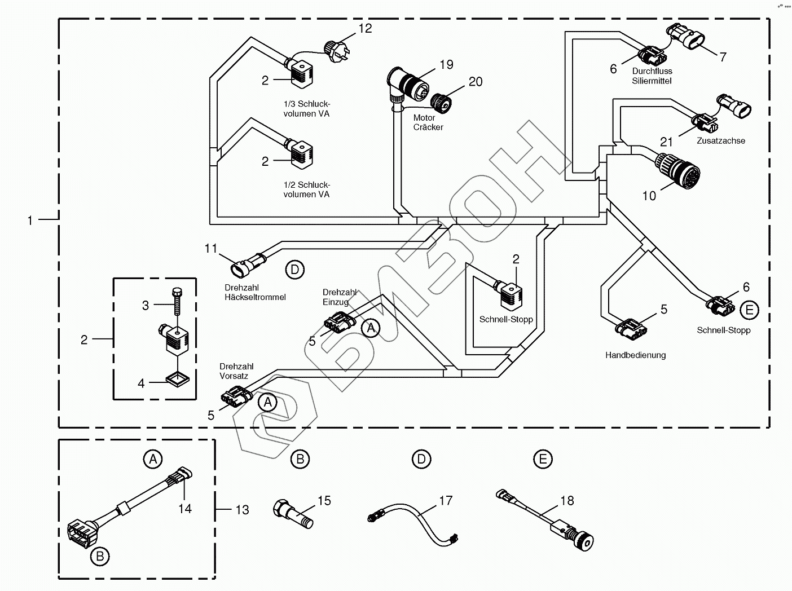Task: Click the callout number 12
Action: [x=366, y=28]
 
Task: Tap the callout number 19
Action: [x=446, y=65]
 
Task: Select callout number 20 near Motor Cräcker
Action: [x=476, y=82]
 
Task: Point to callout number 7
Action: [x=723, y=57]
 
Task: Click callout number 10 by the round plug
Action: [x=649, y=196]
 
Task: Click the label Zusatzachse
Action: [x=720, y=141]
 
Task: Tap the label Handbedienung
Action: [x=635, y=355]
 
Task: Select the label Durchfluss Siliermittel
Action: [x=652, y=76]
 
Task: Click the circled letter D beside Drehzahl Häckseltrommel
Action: [x=294, y=270]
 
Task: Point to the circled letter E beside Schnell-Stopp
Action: [x=750, y=310]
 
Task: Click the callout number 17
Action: [x=446, y=501]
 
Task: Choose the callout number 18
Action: [x=567, y=501]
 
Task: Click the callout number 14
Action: [x=185, y=509]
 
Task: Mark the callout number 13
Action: [x=242, y=510]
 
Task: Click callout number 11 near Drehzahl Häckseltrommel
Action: [x=210, y=248]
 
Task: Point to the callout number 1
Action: [x=30, y=220]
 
